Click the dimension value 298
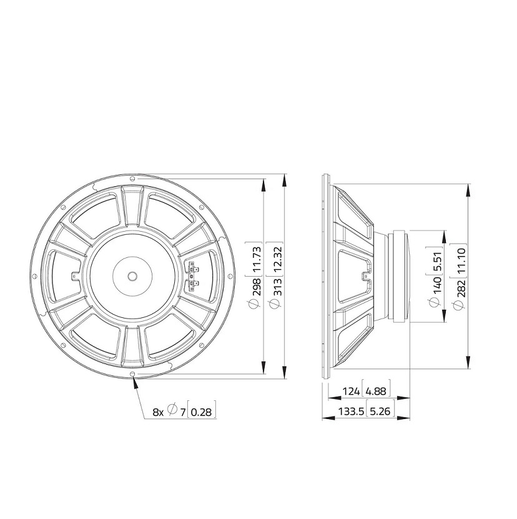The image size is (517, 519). (x=257, y=287)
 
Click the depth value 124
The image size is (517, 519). (x=351, y=392)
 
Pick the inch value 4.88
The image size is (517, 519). (x=377, y=392)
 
